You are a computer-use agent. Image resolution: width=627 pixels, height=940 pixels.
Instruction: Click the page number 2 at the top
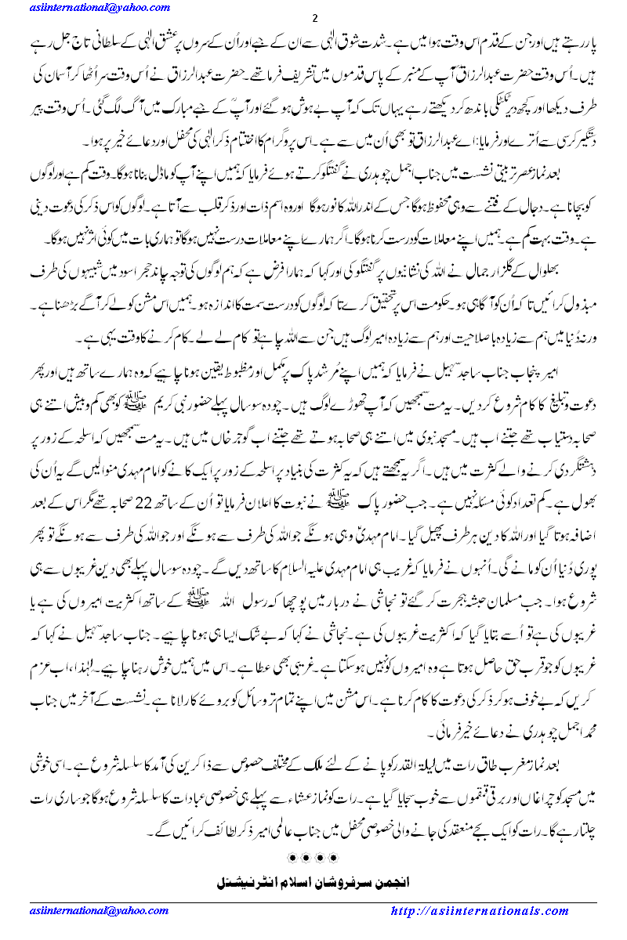(x=314, y=19)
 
